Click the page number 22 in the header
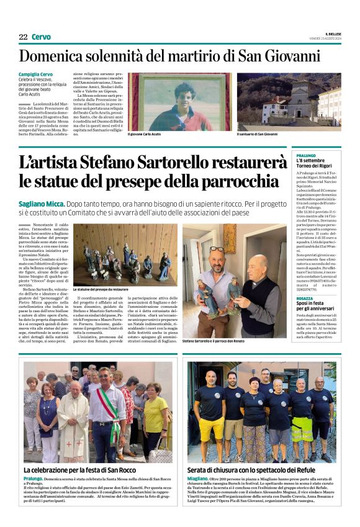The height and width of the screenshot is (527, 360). point(23,37)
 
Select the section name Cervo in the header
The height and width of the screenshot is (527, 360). point(41,37)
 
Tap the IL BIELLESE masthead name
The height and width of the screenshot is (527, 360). point(333,34)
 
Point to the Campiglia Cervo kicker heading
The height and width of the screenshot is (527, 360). point(35,75)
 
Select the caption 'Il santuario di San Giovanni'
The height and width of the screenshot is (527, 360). point(257,134)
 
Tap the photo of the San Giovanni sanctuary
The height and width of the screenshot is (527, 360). point(288,101)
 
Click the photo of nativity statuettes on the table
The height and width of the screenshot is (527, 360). point(124,254)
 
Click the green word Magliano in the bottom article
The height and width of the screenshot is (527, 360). point(199,479)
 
